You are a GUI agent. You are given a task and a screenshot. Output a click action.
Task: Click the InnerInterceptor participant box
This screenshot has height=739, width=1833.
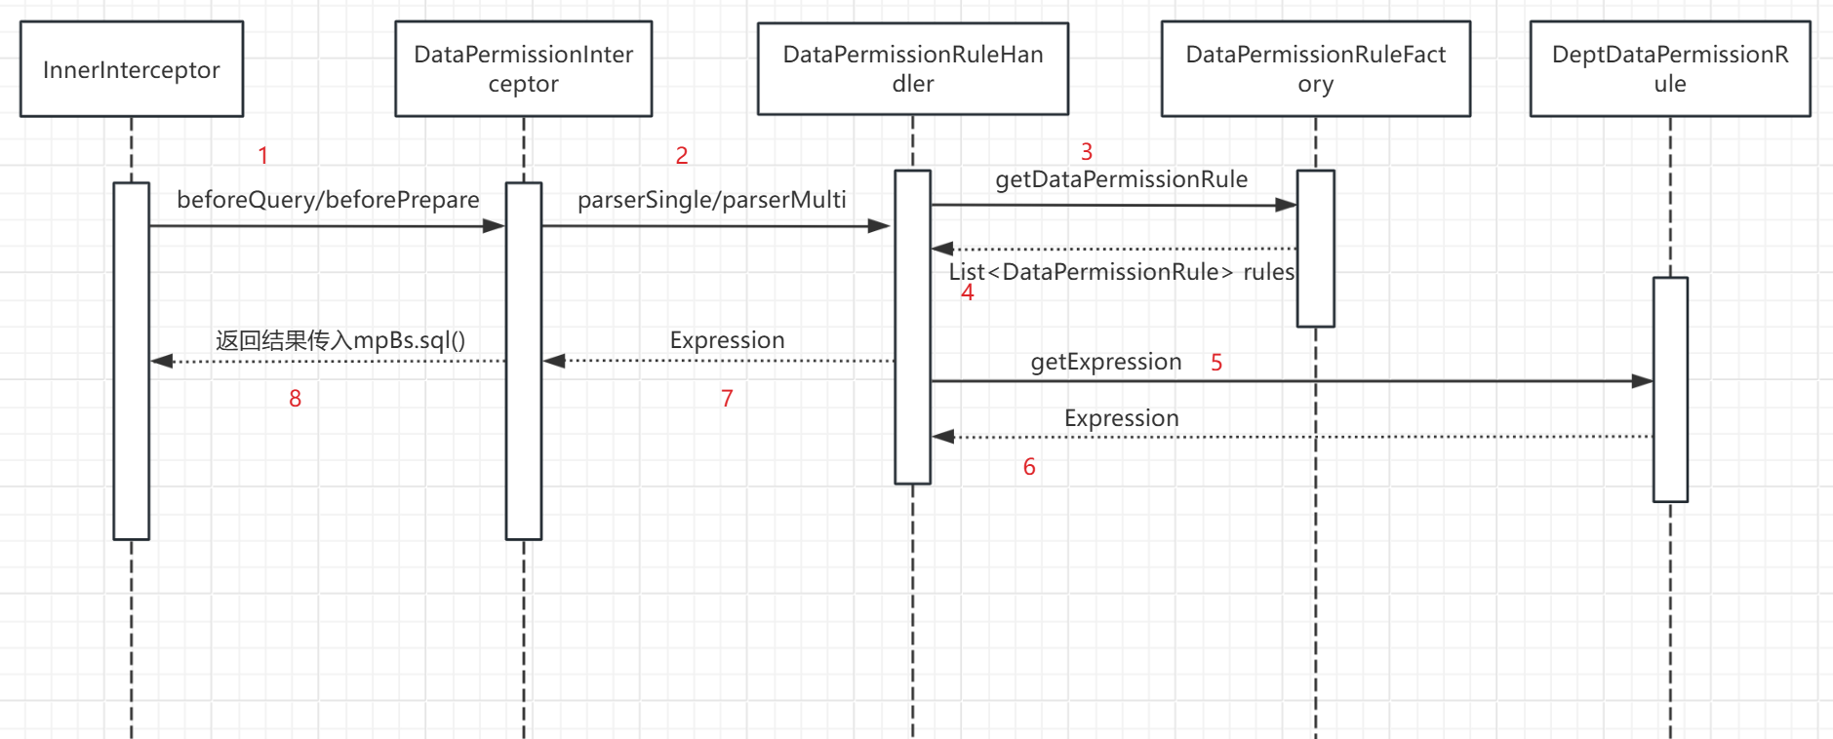coord(132,69)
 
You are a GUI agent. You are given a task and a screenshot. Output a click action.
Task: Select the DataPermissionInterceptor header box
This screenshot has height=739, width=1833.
coord(524,69)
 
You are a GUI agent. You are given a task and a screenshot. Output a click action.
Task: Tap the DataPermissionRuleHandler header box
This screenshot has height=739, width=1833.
coord(913,68)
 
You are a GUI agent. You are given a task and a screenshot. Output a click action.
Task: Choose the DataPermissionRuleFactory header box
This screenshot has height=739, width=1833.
coord(1316,69)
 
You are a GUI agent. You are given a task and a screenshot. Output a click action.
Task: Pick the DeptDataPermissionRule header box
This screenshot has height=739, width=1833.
coord(1670,69)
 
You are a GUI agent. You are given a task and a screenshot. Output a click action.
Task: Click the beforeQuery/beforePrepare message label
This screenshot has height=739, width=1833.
coord(328,200)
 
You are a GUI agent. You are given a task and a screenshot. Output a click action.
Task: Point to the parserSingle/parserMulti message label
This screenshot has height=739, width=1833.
coord(712,200)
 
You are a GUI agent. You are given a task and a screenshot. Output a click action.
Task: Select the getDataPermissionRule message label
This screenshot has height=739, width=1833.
coord(1122,179)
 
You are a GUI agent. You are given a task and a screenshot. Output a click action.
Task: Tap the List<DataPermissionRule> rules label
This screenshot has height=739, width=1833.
coord(1122,272)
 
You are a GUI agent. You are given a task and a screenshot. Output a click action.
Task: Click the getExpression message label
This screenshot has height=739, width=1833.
coord(1106,363)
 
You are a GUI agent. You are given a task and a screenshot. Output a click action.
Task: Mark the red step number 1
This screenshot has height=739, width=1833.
coord(262,155)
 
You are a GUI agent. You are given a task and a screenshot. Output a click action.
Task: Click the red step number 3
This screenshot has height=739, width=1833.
coord(1087,151)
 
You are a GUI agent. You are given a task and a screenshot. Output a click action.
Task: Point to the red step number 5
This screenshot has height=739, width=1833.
coord(1216,363)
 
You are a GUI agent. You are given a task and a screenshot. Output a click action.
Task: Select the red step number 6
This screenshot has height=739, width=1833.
coord(1029,467)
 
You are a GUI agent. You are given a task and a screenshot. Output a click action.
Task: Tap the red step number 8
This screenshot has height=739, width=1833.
coord(296,398)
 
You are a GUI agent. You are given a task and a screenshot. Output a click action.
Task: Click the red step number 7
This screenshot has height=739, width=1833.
coord(727,398)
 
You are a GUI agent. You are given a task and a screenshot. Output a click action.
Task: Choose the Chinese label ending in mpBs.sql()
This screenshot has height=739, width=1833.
coord(340,340)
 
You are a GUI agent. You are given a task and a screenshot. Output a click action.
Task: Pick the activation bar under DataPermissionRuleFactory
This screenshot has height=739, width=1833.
coord(1316,249)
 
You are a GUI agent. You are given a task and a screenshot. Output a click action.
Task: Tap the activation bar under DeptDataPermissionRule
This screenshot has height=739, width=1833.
coord(1670,390)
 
